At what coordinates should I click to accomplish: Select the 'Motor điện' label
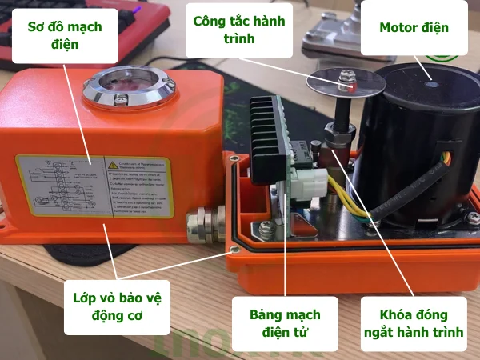(413, 28)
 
